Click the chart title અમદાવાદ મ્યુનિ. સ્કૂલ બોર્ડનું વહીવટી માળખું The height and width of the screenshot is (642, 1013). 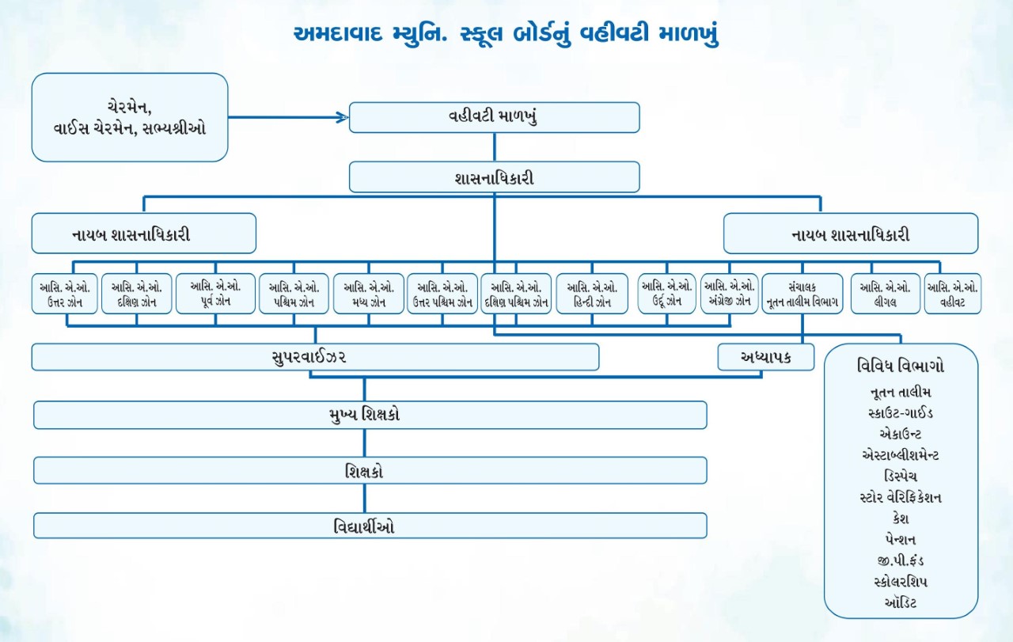(x=506, y=36)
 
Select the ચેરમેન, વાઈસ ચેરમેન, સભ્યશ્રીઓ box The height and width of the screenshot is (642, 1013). (x=130, y=117)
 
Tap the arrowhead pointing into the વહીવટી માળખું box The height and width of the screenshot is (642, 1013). (x=342, y=117)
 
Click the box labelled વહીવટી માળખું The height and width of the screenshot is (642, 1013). (x=494, y=117)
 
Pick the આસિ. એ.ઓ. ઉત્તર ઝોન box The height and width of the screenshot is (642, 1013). (x=66, y=294)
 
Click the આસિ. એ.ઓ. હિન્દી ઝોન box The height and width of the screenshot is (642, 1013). (x=592, y=294)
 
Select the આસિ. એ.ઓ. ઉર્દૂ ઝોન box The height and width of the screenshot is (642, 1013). (x=667, y=294)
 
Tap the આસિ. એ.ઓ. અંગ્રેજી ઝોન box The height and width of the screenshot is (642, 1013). (x=729, y=294)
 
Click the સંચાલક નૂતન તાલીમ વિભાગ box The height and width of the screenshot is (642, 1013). (x=802, y=294)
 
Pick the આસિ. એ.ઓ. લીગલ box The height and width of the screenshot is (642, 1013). (x=886, y=294)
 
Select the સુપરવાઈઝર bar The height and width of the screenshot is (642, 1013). (x=315, y=358)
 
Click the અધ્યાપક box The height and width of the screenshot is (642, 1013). (x=765, y=358)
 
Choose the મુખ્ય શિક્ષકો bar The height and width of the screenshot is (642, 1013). (x=370, y=415)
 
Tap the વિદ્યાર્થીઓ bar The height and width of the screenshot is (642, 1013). (x=370, y=526)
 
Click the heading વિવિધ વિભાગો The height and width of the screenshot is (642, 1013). (x=901, y=367)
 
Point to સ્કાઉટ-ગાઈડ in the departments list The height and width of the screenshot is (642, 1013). (x=901, y=412)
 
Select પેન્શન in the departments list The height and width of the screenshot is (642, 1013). (x=901, y=540)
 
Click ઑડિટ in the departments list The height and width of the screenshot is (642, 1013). (x=901, y=603)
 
